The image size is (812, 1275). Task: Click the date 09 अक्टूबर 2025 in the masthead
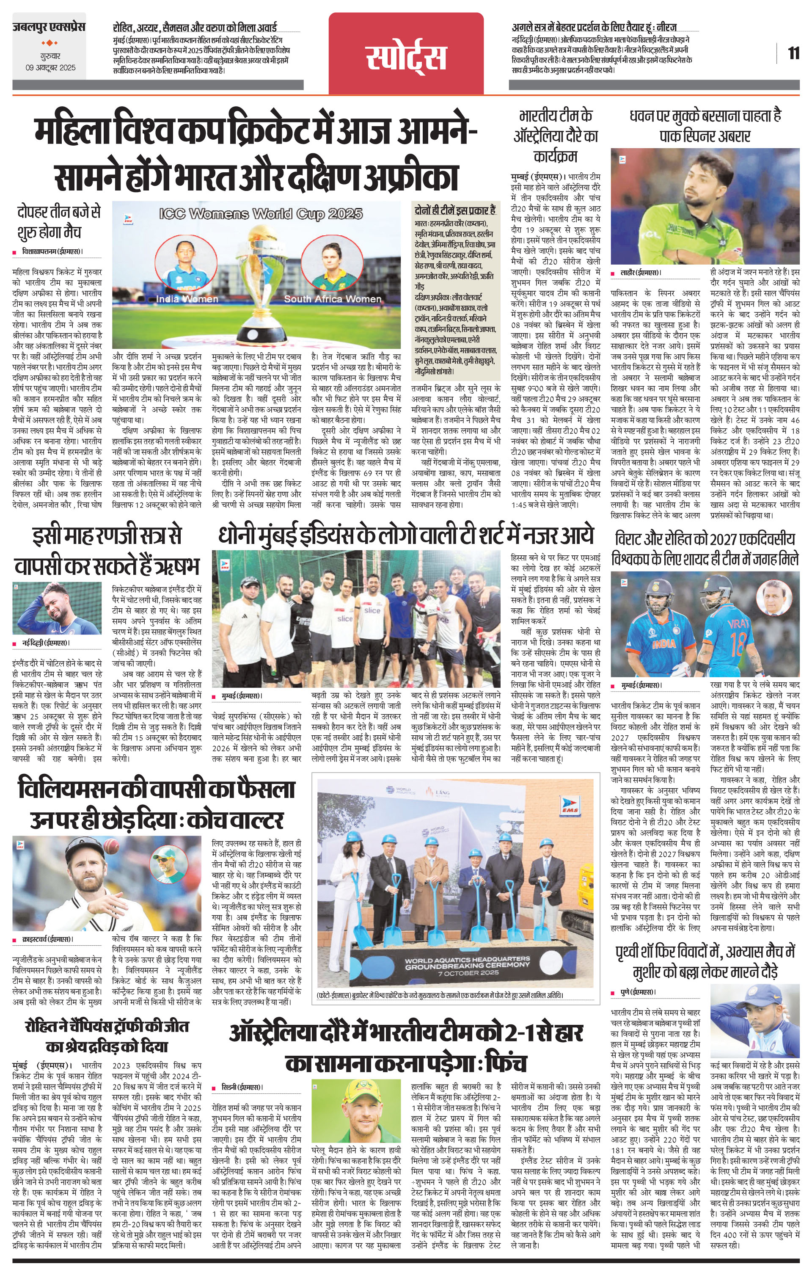pos(51,68)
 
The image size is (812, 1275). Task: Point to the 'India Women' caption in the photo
pos(187,299)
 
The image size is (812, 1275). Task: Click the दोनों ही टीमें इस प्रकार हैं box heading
pos(455,209)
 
